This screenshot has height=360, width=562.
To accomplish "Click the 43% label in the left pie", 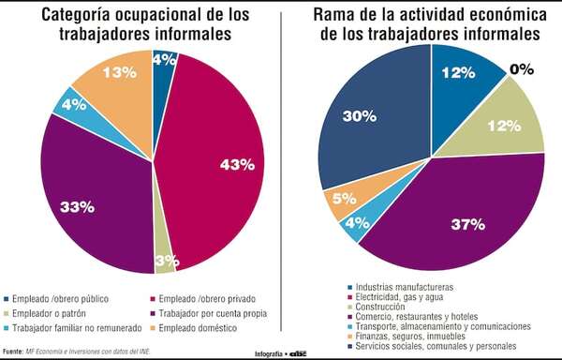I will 238,165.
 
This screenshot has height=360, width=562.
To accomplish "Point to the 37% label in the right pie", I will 466,224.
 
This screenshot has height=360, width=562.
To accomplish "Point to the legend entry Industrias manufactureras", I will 404,286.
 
